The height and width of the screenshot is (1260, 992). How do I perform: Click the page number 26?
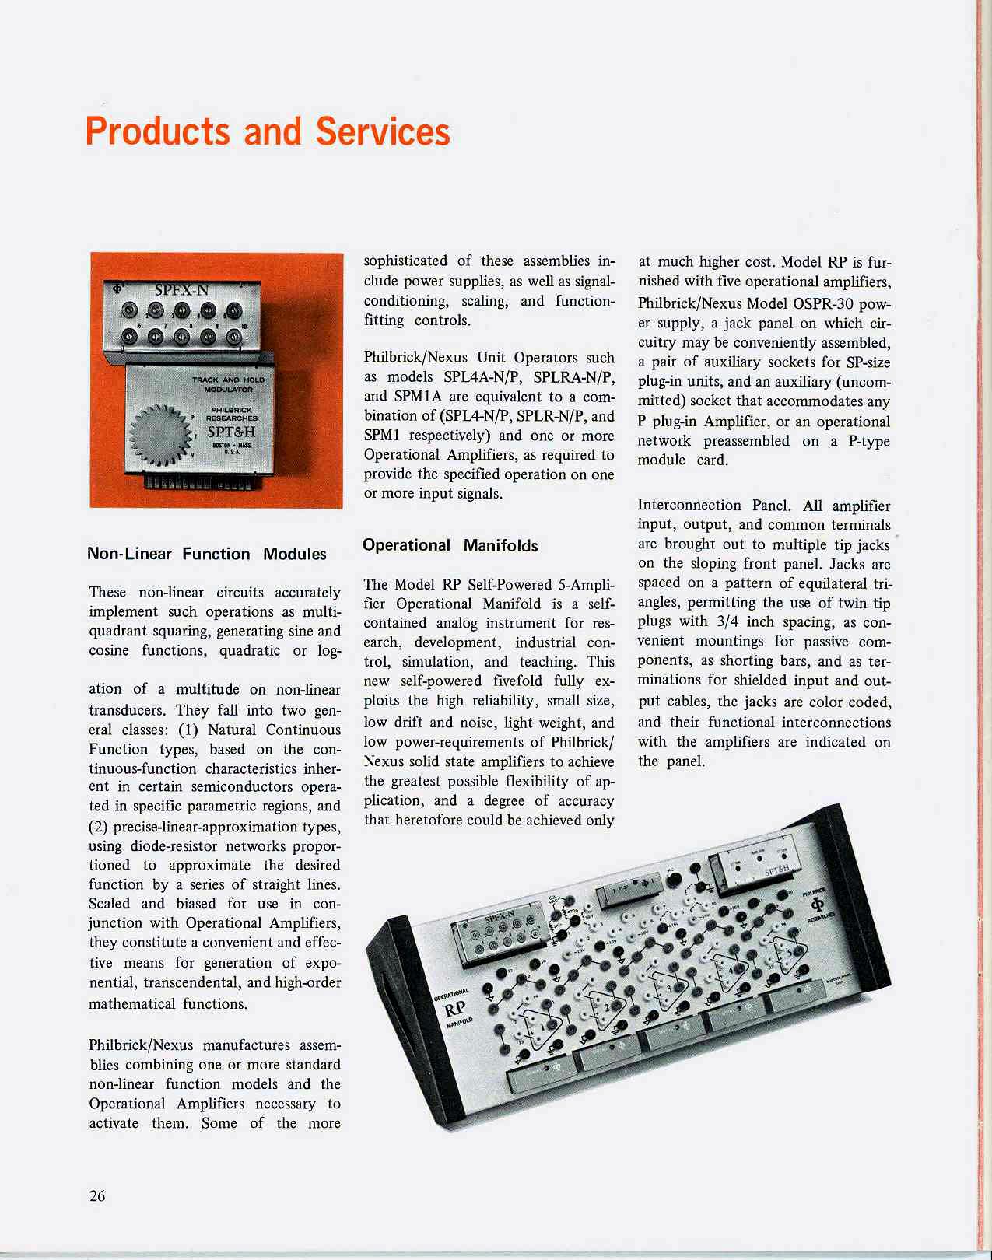coord(97,1196)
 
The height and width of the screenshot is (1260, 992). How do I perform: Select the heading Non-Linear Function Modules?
coord(207,554)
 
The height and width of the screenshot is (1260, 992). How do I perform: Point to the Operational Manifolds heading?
coord(450,545)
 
